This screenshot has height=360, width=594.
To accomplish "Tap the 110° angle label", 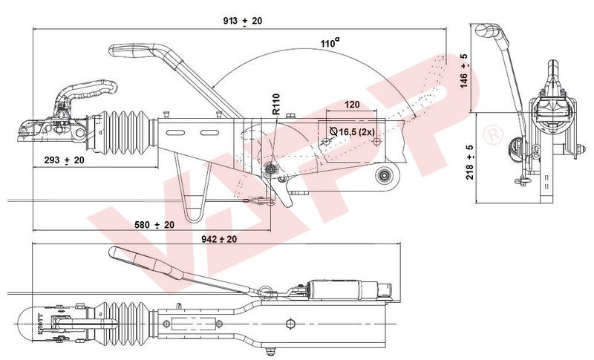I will [327, 44].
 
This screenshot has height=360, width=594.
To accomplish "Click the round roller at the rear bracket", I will [385, 175].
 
